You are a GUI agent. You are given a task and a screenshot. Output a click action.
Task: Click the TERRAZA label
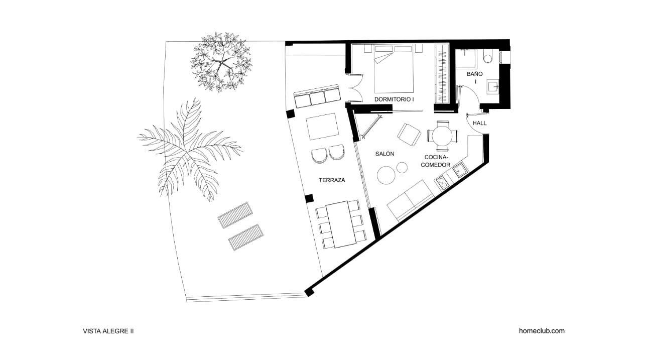point(332,180)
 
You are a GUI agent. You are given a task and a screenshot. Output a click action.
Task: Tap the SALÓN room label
point(384,154)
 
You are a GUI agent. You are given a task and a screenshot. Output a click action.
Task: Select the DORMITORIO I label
point(394,99)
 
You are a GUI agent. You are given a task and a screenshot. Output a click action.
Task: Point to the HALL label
point(479,123)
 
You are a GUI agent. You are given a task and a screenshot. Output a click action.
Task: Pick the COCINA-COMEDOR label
point(435,161)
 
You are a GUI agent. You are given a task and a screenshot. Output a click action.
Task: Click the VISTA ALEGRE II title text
point(108,331)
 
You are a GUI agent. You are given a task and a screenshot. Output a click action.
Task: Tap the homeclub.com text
point(542,331)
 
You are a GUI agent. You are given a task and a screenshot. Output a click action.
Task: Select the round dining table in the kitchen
point(442,136)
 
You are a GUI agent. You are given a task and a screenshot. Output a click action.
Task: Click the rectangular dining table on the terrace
point(341,224)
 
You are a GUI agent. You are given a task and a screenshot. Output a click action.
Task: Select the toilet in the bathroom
point(488,58)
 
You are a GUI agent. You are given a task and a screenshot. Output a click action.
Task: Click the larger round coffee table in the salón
point(386,175)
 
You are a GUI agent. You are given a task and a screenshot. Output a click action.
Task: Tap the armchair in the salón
point(409,135)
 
